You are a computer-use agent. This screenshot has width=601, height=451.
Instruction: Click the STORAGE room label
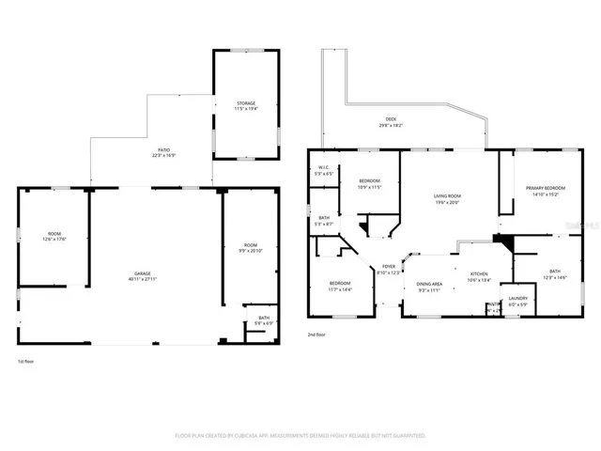click(x=245, y=103)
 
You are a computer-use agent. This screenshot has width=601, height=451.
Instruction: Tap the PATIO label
click(x=163, y=150)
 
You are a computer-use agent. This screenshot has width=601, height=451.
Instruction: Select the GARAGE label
click(x=142, y=273)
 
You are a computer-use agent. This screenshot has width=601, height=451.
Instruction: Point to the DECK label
click(x=391, y=119)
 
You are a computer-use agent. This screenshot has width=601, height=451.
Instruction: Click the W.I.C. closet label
click(x=322, y=167)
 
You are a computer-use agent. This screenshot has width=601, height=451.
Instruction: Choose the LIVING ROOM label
click(x=447, y=195)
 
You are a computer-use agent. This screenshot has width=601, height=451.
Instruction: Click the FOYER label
click(x=388, y=267)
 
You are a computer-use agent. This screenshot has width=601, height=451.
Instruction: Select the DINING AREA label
click(x=429, y=284)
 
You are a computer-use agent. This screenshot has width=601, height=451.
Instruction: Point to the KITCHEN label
click(x=479, y=273)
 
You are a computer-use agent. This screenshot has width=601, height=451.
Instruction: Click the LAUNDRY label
click(x=518, y=299)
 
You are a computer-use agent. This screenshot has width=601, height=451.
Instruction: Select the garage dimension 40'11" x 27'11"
click(x=142, y=280)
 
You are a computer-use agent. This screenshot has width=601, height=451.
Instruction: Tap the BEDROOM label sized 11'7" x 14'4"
click(x=340, y=283)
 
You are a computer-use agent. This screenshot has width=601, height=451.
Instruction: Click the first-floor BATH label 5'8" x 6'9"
click(x=264, y=319)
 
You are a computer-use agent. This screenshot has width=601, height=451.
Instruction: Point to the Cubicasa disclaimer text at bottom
click(x=300, y=436)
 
